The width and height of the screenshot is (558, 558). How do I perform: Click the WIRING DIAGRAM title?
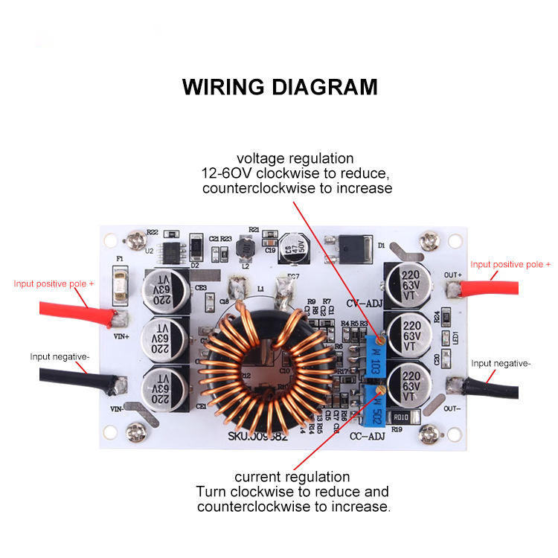pos(279,86)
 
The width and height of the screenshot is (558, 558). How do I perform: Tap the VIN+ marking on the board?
pos(121,336)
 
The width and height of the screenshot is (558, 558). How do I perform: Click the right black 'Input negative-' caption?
pos(501,363)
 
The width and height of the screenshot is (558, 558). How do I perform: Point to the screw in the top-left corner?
pos(136,240)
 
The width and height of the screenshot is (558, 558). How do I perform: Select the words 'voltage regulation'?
pos(295,158)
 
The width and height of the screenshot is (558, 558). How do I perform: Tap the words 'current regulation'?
pos(292,476)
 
